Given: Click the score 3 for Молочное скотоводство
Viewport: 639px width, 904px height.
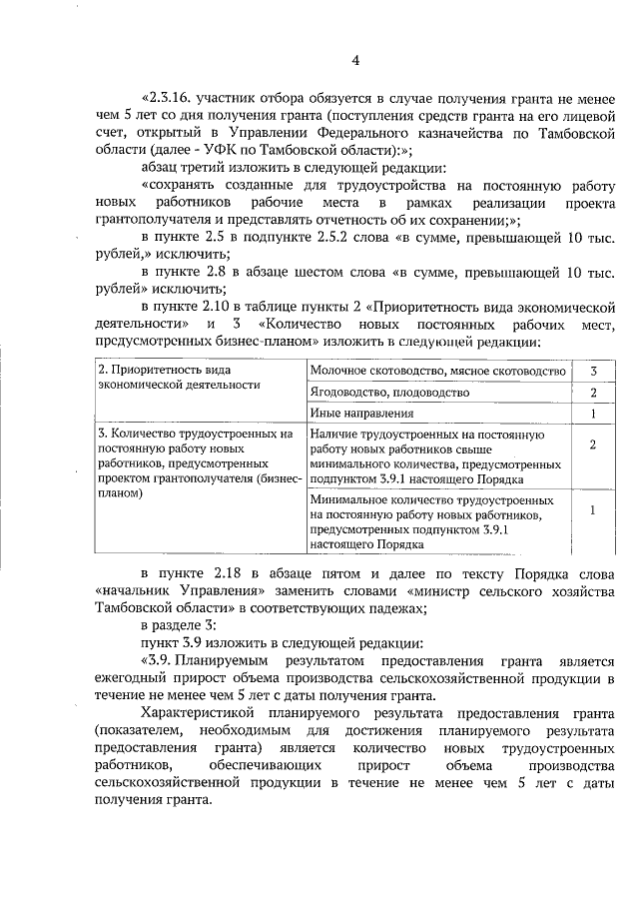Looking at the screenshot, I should (x=593, y=372).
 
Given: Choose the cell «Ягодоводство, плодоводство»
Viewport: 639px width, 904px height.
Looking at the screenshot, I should (x=390, y=393).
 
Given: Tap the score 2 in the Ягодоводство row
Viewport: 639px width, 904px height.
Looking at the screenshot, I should (x=593, y=393).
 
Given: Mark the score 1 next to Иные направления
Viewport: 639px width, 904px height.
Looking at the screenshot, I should (x=593, y=414).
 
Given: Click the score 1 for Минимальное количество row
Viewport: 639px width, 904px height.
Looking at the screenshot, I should (x=593, y=510).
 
